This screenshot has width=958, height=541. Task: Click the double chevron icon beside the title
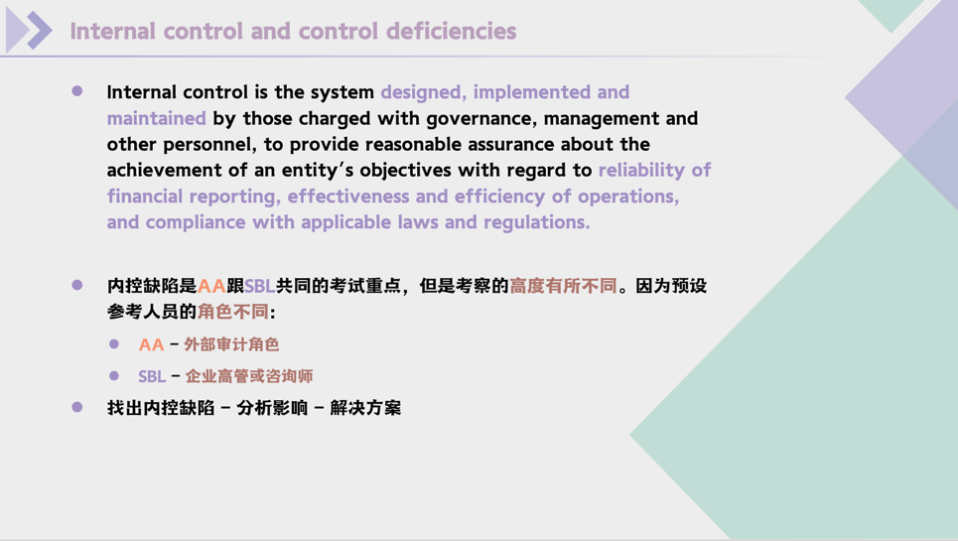tap(28, 31)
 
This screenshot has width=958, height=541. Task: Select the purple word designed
tap(422, 92)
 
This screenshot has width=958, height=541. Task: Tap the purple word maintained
tap(156, 118)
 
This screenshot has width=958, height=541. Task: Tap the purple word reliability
tap(642, 170)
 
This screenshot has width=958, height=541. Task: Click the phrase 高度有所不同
tap(563, 286)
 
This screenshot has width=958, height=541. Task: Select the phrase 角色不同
tap(233, 312)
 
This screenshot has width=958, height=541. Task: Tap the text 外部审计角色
tap(231, 344)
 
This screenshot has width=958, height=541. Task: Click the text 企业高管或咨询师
tap(248, 376)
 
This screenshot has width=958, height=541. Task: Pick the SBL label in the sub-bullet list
tap(152, 376)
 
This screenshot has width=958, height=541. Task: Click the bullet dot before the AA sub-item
tap(114, 343)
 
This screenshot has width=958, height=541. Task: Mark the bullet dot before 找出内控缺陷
tap(77, 407)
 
